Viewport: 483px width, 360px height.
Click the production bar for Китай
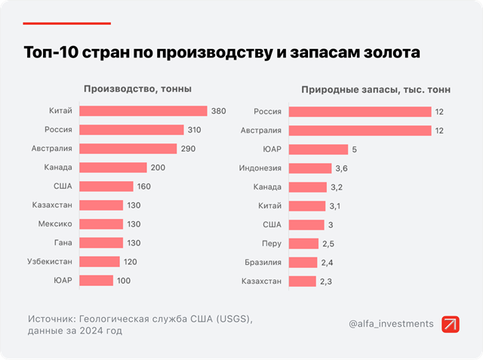(x=143, y=111)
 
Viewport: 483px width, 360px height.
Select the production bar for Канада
(x=112, y=168)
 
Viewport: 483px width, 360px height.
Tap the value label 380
(x=218, y=111)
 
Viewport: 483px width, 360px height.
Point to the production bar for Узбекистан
(x=99, y=261)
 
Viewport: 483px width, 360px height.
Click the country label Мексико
(x=55, y=224)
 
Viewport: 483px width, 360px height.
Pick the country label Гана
(x=62, y=243)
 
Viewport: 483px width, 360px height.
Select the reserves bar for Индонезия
(x=310, y=168)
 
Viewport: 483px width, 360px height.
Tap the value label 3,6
(x=342, y=168)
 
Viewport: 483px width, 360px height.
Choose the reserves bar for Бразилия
(x=303, y=262)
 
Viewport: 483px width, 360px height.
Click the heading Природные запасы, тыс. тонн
(x=375, y=89)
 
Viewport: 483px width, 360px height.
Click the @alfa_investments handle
(x=391, y=324)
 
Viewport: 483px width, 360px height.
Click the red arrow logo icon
(x=451, y=324)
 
